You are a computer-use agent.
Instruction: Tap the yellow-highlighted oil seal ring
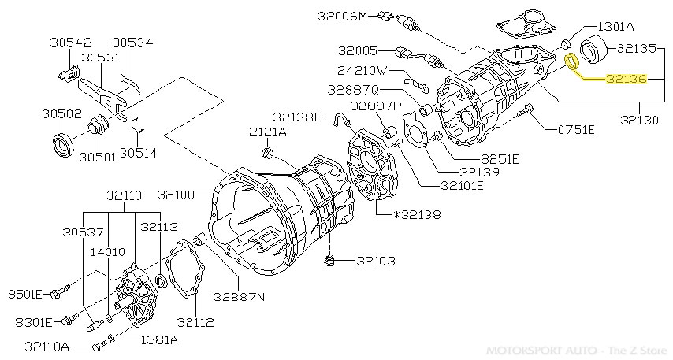click(572, 61)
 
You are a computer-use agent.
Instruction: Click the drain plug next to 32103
click(331, 262)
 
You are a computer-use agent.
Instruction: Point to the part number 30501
click(97, 156)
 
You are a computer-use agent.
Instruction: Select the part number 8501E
click(25, 295)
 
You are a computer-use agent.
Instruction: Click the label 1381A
click(159, 340)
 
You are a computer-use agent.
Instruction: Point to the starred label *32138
click(416, 214)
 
